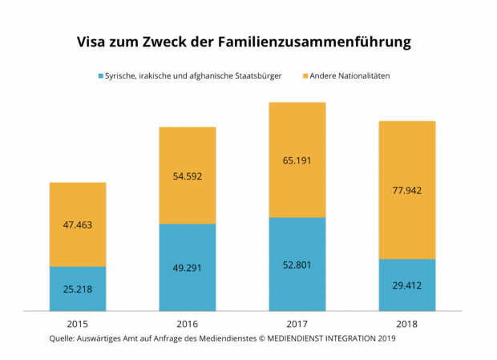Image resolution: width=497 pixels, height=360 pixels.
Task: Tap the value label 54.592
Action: (188, 176)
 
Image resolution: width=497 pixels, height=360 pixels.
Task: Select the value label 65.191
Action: (297, 160)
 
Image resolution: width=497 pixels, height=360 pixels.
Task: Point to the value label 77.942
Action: (407, 191)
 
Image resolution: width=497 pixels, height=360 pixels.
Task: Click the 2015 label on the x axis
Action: (78, 324)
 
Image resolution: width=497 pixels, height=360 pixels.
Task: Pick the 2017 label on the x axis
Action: (297, 324)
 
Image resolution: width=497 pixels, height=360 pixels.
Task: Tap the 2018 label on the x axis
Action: (407, 324)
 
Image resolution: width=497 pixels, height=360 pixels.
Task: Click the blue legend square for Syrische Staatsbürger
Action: (100, 76)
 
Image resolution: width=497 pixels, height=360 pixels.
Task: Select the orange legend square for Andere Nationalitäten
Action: (306, 76)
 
